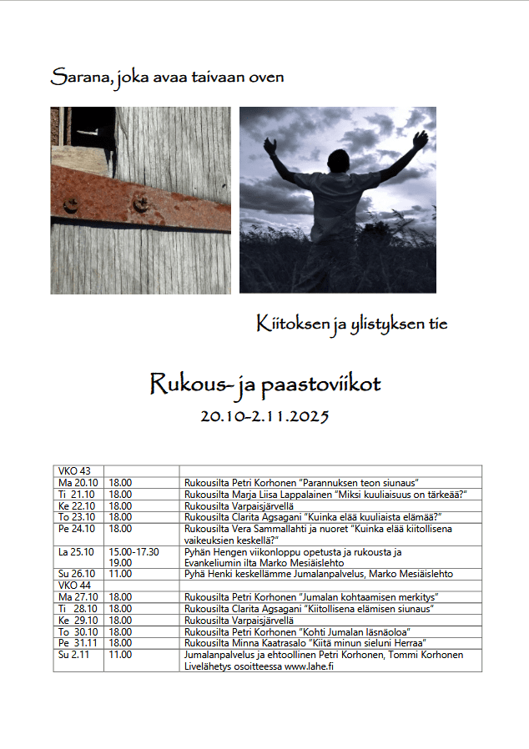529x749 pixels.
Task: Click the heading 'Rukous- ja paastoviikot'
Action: click(x=264, y=384)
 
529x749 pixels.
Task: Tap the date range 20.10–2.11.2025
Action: click(x=265, y=415)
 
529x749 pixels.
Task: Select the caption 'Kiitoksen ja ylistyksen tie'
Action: click(x=351, y=323)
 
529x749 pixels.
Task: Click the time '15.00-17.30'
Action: click(x=134, y=552)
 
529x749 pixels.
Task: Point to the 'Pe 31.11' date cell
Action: click(x=77, y=643)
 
